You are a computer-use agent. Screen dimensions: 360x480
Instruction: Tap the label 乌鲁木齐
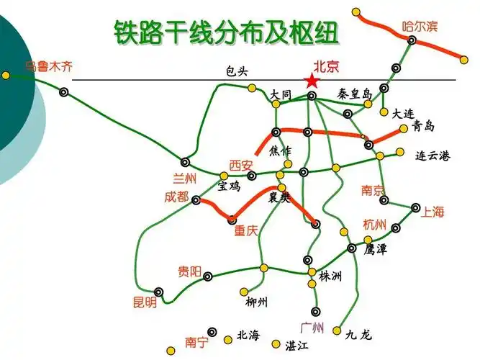[x=49, y=68]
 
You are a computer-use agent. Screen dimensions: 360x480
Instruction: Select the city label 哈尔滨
[x=420, y=27]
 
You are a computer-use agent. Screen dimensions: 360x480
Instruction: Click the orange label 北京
[x=326, y=66]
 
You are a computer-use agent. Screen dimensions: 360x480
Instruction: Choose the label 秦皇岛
[x=354, y=94]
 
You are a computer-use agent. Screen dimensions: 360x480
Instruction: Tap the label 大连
[x=403, y=113]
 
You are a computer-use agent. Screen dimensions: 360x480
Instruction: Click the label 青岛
[x=423, y=127]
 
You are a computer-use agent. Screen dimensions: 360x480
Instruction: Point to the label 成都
[x=176, y=197]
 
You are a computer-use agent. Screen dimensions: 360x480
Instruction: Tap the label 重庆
[x=245, y=232]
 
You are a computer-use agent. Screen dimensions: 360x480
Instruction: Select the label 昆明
[x=144, y=303]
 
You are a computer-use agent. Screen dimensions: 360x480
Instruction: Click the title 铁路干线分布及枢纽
[x=225, y=30]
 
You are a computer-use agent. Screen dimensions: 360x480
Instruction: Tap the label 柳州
[x=256, y=302]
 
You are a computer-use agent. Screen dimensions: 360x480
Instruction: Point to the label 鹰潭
[x=375, y=250]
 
